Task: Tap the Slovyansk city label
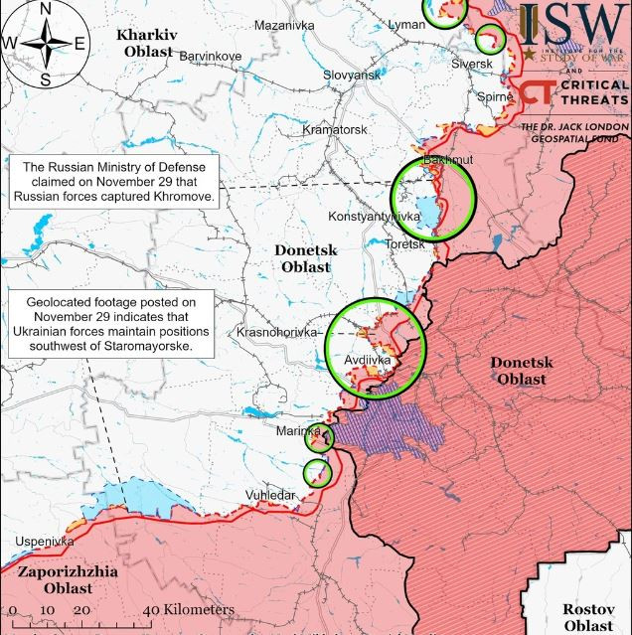pyautogui.click(x=352, y=75)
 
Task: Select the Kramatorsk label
pyautogui.click(x=335, y=129)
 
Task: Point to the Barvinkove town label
pyautogui.click(x=210, y=56)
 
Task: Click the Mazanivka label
pyautogui.click(x=284, y=25)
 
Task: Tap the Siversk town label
pyautogui.click(x=472, y=64)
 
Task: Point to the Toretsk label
pyautogui.click(x=405, y=243)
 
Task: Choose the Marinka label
pyautogui.click(x=298, y=431)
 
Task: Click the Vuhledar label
pyautogui.click(x=270, y=494)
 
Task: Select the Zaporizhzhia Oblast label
pyautogui.click(x=67, y=580)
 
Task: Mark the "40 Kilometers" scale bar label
pyautogui.click(x=189, y=609)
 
